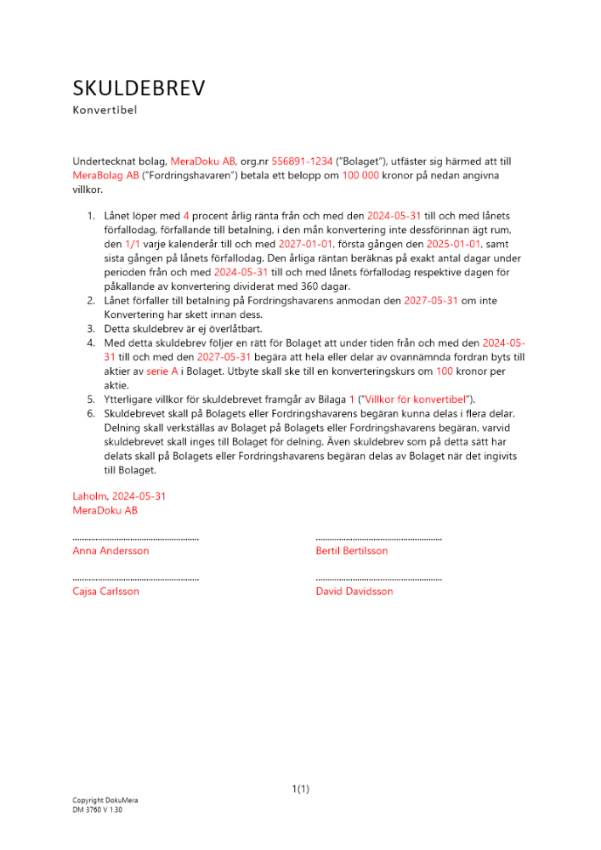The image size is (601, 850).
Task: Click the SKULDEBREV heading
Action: click(139, 88)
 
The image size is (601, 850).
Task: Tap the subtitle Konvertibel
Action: click(105, 110)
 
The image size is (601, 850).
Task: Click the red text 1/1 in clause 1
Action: click(134, 244)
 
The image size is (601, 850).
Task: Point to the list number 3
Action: click(92, 328)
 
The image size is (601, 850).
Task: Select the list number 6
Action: click(92, 413)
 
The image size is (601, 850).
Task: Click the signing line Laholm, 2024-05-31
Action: click(119, 496)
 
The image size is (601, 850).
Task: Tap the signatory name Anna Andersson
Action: click(111, 551)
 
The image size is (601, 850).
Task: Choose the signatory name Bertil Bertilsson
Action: click(351, 551)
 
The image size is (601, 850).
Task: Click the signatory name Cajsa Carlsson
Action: click(106, 592)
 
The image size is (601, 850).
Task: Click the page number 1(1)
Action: click(300, 789)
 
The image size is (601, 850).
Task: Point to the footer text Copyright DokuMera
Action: click(105, 801)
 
